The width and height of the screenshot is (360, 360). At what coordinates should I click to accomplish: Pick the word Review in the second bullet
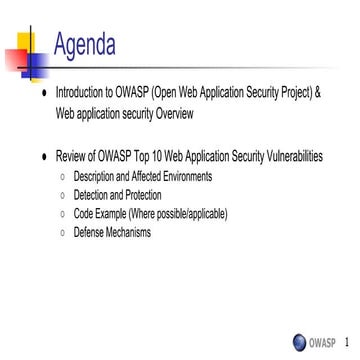[72, 158]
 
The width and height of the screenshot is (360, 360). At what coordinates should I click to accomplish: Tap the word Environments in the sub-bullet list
[183, 176]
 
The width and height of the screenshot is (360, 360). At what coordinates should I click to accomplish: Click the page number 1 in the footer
[345, 341]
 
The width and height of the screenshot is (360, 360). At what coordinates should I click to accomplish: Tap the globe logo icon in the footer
[299, 341]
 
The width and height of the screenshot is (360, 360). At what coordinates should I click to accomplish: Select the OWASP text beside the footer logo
[322, 341]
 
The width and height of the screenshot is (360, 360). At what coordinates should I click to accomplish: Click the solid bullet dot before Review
[40, 158]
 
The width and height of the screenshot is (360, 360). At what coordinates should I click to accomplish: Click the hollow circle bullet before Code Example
[63, 214]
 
